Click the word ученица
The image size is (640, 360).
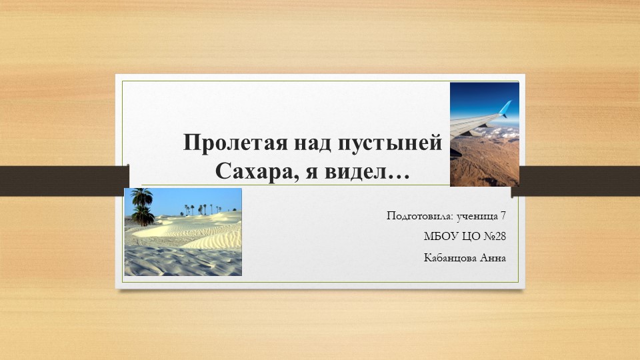[477, 216]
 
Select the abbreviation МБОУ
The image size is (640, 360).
[440, 237]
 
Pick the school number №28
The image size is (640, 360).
[494, 237]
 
